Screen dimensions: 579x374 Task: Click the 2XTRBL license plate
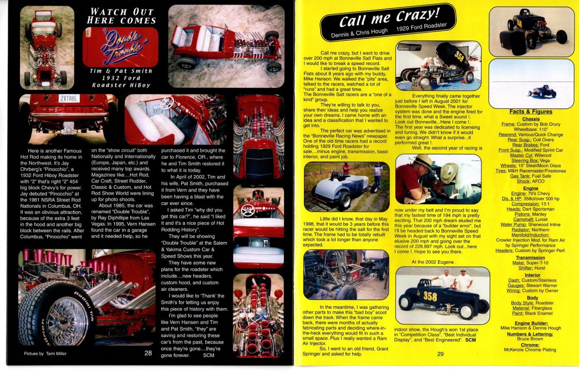tap(69, 98)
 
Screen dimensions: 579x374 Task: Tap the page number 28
tap(148, 353)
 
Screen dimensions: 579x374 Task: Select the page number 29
tap(441, 354)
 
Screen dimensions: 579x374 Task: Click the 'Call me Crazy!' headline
tap(389, 18)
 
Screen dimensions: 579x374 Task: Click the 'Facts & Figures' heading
tap(531, 112)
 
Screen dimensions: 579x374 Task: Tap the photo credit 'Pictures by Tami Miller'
tap(45, 354)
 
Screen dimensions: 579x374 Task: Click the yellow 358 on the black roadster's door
tap(430, 296)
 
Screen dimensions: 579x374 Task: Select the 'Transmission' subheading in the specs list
tap(530, 257)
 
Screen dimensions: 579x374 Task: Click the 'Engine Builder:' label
tap(531, 323)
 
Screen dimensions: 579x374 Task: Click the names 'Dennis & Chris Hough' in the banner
tap(359, 33)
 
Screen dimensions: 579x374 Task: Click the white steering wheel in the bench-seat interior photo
tap(167, 103)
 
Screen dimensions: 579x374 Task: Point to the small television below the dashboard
tap(258, 243)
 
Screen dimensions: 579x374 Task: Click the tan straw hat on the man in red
tap(421, 161)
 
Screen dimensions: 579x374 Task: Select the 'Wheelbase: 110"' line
tap(531, 129)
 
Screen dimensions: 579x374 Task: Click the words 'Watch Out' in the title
tap(122, 12)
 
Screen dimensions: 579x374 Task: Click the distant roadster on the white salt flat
tap(542, 92)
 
